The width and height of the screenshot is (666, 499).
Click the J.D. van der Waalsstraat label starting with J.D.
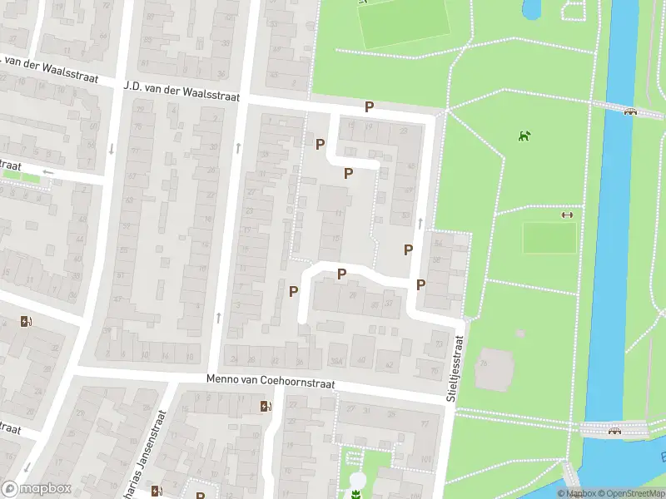[181, 91]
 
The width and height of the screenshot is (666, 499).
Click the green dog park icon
[524, 136]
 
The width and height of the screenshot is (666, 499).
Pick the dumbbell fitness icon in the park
[568, 215]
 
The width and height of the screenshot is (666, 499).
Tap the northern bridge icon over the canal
[630, 112]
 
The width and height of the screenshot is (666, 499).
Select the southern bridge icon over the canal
[615, 430]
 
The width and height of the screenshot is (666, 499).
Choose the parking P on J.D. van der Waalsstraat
[369, 106]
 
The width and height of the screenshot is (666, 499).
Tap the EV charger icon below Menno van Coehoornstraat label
[266, 406]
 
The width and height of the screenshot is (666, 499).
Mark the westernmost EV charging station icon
[27, 322]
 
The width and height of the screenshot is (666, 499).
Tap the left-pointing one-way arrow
[47, 172]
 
